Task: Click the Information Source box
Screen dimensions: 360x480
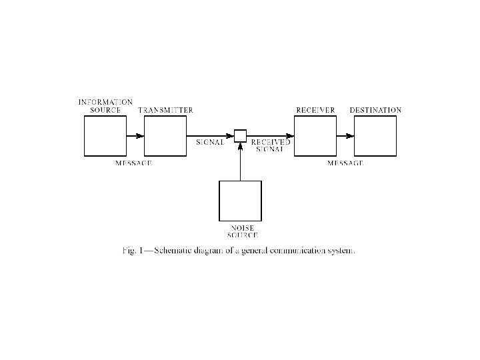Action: (x=104, y=135)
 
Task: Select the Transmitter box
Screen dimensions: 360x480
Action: (x=165, y=135)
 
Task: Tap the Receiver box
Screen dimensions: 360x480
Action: (x=315, y=135)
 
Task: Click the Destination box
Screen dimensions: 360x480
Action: (x=375, y=135)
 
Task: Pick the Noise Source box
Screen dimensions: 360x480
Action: (x=240, y=201)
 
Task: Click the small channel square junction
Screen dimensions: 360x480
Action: (x=240, y=136)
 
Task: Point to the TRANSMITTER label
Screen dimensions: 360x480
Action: (x=165, y=110)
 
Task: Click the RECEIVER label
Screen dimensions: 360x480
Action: (x=315, y=110)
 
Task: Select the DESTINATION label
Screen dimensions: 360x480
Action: (x=375, y=110)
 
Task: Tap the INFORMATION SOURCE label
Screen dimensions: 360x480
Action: (x=105, y=106)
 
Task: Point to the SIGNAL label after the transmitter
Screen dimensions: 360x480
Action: (x=210, y=143)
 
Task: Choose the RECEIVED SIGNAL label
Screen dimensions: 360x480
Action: (x=270, y=146)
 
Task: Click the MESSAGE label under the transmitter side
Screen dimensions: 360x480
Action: (x=133, y=163)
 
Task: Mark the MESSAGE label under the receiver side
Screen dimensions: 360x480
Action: (x=345, y=163)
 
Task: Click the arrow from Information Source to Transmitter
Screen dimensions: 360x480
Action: (x=135, y=136)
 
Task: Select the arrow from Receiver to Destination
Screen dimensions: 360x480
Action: (x=345, y=136)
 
